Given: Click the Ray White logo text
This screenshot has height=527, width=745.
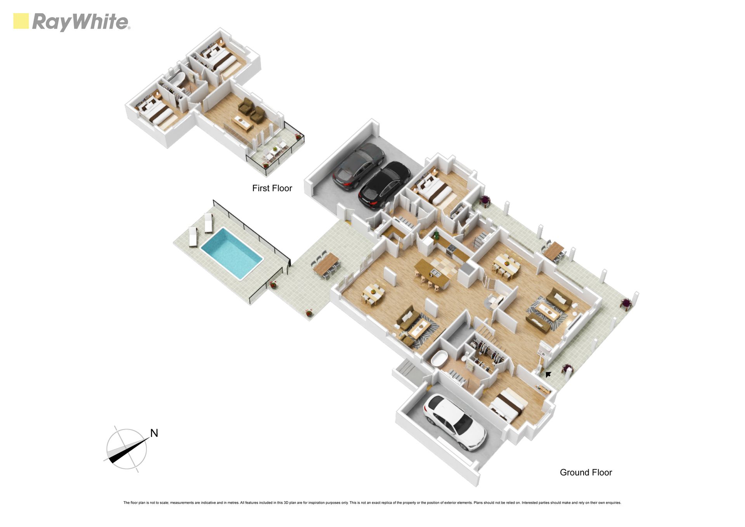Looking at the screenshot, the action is click(x=81, y=22).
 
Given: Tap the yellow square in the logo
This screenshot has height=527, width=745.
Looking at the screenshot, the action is click(x=21, y=21).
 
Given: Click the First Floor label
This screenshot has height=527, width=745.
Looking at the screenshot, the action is click(x=272, y=188).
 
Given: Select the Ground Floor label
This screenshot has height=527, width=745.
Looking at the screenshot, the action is click(x=586, y=473).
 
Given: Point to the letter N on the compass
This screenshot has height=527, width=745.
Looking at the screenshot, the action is click(x=154, y=433).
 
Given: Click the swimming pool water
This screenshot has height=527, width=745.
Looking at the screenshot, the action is click(x=232, y=253).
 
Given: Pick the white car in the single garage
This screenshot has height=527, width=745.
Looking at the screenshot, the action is click(x=454, y=422).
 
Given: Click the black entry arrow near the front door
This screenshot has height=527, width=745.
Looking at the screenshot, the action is click(x=548, y=374).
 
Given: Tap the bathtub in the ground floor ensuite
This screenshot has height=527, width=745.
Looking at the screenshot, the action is click(x=440, y=358).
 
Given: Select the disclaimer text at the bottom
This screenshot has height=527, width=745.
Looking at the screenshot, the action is click(x=372, y=503).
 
